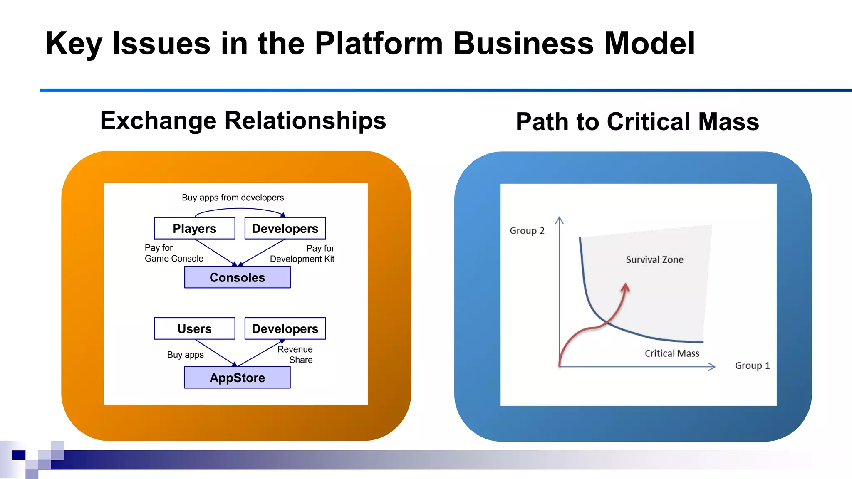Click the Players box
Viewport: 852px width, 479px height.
[x=194, y=228]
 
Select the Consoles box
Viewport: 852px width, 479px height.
[x=237, y=277]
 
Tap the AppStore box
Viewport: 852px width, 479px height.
[x=237, y=378]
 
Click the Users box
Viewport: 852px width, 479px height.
[x=194, y=328]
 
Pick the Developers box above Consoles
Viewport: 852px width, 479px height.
[x=285, y=228]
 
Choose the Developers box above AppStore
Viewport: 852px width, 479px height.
[x=285, y=328]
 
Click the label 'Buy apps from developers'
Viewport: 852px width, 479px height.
[x=233, y=198]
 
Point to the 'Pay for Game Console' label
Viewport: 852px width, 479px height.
[x=174, y=253]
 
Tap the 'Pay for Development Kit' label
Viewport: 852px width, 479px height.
[x=302, y=254]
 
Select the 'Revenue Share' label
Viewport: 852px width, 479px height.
[x=296, y=355]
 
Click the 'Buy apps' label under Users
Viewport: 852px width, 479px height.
[x=185, y=355]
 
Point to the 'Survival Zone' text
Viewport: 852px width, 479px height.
[x=654, y=259]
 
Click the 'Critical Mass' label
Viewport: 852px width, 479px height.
[x=672, y=353]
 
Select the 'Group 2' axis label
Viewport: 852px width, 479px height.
[x=527, y=231]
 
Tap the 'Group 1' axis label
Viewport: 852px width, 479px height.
[x=752, y=366]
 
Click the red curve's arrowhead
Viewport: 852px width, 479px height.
[x=625, y=287]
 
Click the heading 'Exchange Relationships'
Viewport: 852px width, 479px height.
[x=243, y=121]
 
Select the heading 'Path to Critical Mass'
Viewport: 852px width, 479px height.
[x=637, y=122]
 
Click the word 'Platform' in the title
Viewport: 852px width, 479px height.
[x=379, y=43]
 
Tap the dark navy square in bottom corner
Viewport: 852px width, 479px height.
[x=19, y=455]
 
